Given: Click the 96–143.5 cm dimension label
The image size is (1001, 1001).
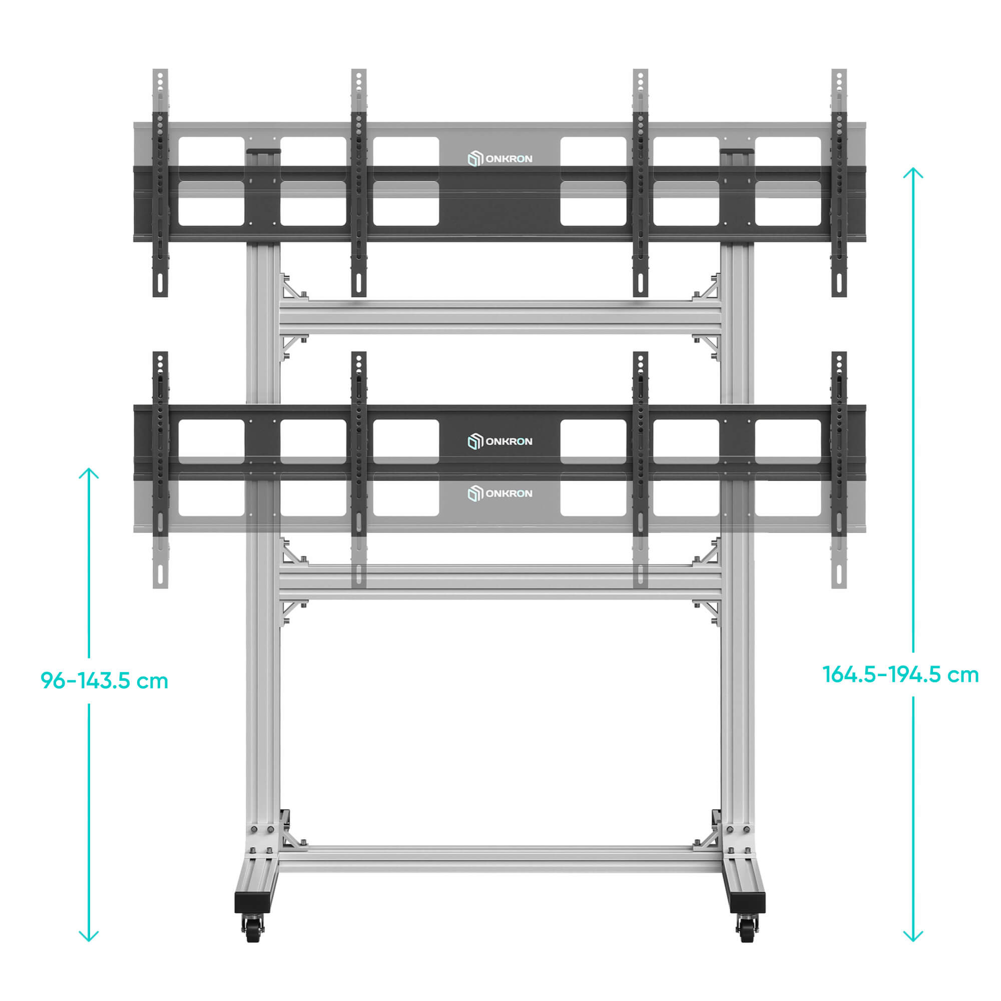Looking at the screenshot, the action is click(105, 681).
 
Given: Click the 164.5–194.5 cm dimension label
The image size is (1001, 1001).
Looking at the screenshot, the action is click(900, 675).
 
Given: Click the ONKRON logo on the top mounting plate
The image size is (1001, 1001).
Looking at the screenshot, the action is click(500, 159).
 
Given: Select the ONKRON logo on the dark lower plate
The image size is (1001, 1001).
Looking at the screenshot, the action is click(500, 441).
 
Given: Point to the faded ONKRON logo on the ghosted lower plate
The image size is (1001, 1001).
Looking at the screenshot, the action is click(500, 493).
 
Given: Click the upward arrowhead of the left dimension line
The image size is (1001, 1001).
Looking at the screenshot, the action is click(89, 473).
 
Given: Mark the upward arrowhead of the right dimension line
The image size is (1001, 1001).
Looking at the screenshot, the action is click(913, 173).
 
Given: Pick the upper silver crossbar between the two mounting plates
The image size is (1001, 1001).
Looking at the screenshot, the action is click(500, 318).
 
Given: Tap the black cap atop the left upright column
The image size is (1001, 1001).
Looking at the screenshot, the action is click(263, 152).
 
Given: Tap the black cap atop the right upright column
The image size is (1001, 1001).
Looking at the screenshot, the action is click(737, 152).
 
